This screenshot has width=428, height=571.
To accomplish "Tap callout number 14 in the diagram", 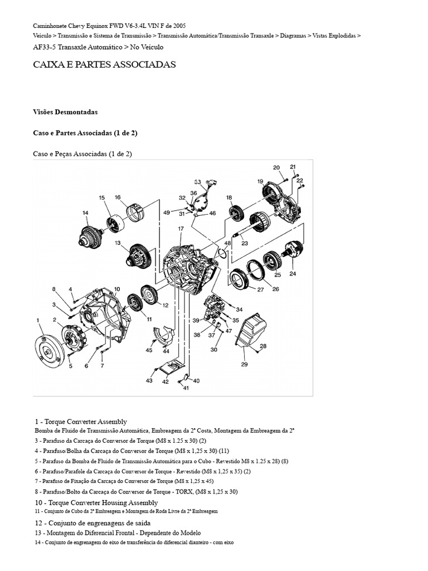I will tap(85, 212).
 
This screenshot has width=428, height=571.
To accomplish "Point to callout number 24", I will tap(293, 274).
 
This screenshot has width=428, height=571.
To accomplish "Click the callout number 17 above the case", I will tap(181, 229).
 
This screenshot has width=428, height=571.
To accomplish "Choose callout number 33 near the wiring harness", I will tap(197, 182).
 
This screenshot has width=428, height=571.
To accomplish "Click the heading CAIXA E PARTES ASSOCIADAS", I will tap(104, 65).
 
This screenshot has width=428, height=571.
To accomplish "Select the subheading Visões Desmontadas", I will tap(65, 112).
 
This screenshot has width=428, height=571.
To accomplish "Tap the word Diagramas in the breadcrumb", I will tap(292, 35).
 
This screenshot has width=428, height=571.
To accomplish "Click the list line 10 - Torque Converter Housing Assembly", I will tap(96, 502).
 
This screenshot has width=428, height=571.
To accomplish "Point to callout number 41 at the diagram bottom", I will tap(186, 388).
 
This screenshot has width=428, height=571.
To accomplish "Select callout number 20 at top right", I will tap(276, 167).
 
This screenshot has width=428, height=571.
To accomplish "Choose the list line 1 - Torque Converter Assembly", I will tap(80, 422).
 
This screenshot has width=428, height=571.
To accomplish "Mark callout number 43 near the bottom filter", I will tap(149, 380).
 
